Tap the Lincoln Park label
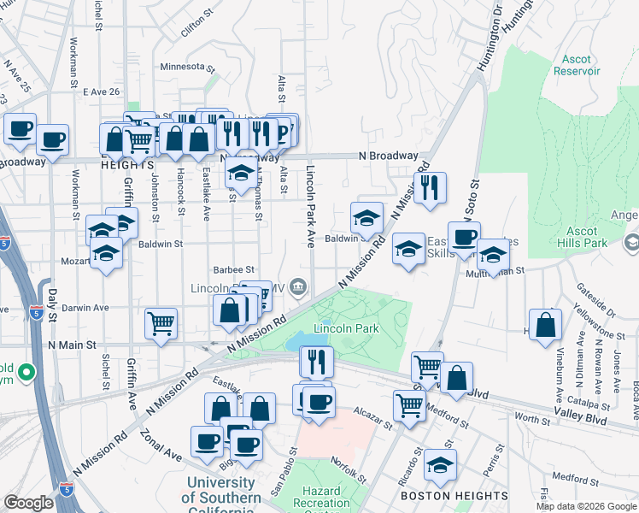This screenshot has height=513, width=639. [x=346, y=328]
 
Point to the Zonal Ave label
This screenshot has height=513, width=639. [x=162, y=451]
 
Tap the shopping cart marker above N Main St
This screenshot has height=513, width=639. [x=161, y=324]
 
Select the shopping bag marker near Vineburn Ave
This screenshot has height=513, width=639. [x=544, y=326]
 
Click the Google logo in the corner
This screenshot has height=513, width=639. [x=28, y=503]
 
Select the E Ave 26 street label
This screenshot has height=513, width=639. [x=102, y=91]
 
